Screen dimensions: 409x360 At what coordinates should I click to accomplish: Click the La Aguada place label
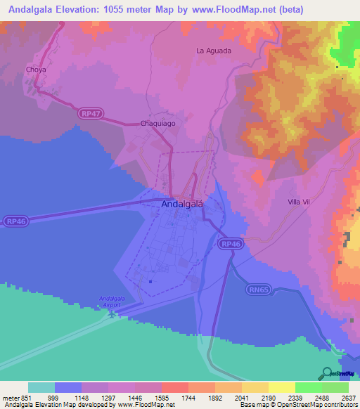214,51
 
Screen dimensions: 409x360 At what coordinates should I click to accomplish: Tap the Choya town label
35,70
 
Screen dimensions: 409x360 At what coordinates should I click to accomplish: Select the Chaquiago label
157,123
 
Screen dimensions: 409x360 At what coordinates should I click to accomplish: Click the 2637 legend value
349,397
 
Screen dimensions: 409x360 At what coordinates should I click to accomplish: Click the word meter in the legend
11,397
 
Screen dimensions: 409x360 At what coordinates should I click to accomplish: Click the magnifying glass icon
327,373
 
